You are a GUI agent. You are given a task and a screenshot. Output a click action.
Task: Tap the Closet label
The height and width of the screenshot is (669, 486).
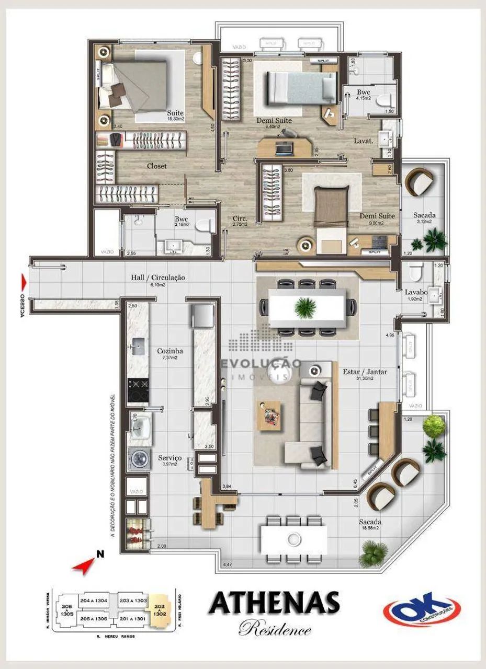point(156,166)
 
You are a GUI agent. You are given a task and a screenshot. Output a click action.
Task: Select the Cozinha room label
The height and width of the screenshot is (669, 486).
point(170,351)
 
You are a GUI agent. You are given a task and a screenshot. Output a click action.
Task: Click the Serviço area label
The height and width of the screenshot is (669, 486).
point(169,458)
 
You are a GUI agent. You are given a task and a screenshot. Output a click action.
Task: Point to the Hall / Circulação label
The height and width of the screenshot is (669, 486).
point(158,278)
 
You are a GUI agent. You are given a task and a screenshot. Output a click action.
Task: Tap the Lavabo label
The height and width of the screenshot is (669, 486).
point(415,293)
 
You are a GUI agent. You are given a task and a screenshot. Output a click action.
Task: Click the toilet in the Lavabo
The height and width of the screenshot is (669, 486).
point(414,272)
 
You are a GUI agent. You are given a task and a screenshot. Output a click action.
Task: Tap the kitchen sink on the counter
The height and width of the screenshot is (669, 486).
point(139,345)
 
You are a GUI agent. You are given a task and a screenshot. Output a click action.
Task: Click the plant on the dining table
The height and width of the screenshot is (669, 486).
point(306,307)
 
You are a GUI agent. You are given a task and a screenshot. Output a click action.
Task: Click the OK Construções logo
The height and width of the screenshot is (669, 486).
point(422,609)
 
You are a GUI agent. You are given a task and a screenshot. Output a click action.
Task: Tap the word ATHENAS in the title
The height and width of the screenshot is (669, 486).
point(274,604)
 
